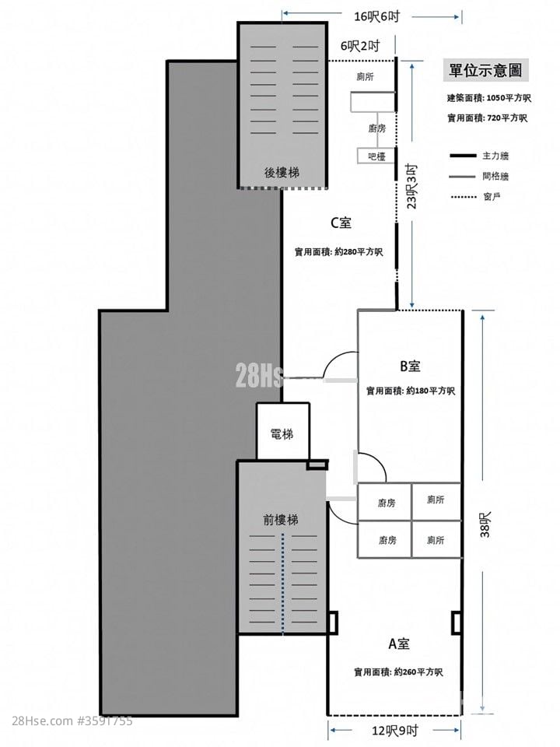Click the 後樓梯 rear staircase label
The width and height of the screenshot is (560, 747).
tap(282, 172)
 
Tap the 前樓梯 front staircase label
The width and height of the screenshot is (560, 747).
tap(281, 519)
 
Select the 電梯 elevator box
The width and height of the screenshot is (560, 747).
tap(283, 432)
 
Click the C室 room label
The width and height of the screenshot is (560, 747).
tap(341, 223)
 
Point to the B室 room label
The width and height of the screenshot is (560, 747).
tap(410, 366)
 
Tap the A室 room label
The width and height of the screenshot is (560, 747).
tap(398, 644)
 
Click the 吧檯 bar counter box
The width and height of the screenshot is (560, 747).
tap(376, 156)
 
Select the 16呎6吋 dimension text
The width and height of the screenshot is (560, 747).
tap(376, 16)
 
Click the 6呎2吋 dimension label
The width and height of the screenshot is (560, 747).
tap(360, 46)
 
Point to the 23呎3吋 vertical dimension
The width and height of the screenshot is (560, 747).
tap(411, 186)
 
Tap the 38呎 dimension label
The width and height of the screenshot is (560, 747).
tap(485, 524)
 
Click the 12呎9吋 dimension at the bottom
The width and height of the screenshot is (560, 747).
tap(395, 731)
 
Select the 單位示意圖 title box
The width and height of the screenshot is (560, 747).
tap(485, 71)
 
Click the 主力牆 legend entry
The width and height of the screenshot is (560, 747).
tap(479, 156)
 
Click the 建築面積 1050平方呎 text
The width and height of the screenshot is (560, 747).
tap(489, 98)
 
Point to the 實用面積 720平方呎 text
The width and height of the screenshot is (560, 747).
tap(487, 117)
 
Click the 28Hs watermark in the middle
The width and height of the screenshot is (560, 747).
tap(260, 375)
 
